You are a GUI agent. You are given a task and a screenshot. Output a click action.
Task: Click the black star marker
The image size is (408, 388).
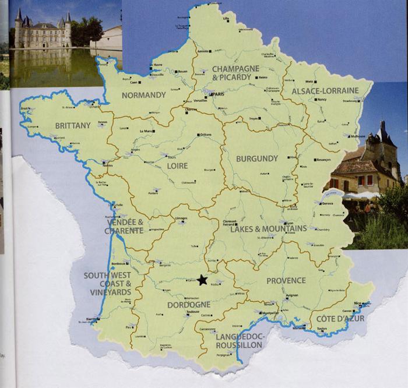(x=202, y=280)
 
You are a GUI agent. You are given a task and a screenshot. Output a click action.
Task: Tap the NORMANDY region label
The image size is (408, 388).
(x=143, y=95)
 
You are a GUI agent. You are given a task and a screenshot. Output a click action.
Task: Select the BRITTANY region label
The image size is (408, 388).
(x=73, y=125)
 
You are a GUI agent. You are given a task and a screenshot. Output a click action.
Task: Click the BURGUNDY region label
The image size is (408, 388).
(x=256, y=158)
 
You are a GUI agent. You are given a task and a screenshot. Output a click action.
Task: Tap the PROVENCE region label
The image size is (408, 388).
(x=286, y=280)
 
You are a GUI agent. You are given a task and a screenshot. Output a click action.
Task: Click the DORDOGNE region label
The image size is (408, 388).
(x=189, y=305)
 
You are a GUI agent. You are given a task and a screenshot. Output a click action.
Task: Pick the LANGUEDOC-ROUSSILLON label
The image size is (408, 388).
(x=240, y=341)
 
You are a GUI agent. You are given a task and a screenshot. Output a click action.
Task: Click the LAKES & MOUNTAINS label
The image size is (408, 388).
(x=268, y=229)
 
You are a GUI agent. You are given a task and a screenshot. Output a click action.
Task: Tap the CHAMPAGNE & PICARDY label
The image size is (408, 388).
(x=235, y=73)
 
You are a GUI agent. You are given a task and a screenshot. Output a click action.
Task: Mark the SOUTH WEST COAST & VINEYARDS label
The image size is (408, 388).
(x=107, y=284)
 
